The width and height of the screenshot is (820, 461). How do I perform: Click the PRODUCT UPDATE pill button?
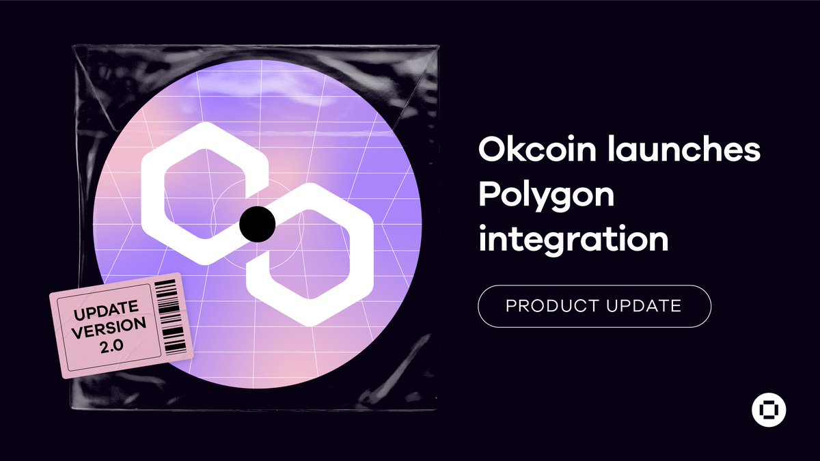tap(594, 306)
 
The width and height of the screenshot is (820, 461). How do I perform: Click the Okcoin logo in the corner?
tap(769, 411)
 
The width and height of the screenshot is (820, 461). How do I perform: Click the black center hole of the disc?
tap(258, 223)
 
